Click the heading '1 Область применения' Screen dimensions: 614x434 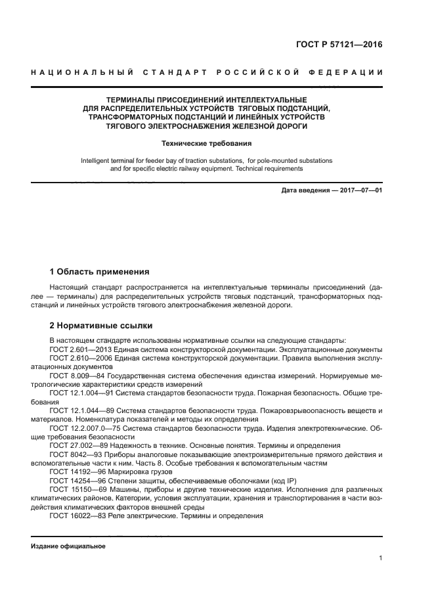click(x=100, y=271)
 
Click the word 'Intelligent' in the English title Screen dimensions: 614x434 click(x=96, y=160)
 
